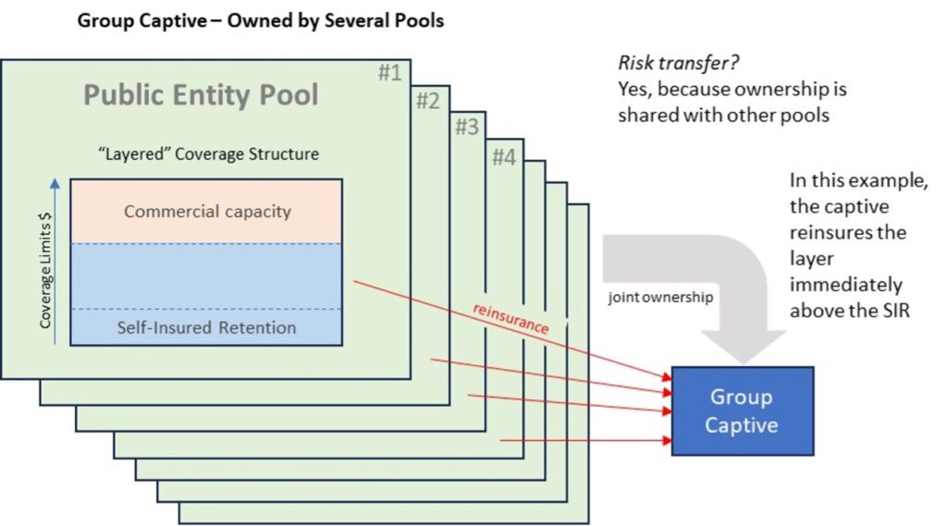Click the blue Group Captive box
743,411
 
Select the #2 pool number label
427,102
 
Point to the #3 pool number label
465,128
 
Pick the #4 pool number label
503,157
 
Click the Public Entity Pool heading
202,94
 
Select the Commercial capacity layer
207,212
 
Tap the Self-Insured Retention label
207,327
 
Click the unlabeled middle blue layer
207,276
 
